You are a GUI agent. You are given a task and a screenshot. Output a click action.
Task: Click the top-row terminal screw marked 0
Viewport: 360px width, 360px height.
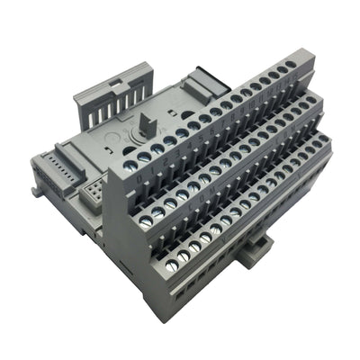click(x=144, y=156)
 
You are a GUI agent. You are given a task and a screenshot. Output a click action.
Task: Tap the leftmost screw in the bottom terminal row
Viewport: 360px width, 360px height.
click(x=184, y=256)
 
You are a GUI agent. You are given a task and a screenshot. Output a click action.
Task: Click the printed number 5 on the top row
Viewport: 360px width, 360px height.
click(x=205, y=130)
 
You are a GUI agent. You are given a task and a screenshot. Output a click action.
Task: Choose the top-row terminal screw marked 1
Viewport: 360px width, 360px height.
click(x=157, y=148)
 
